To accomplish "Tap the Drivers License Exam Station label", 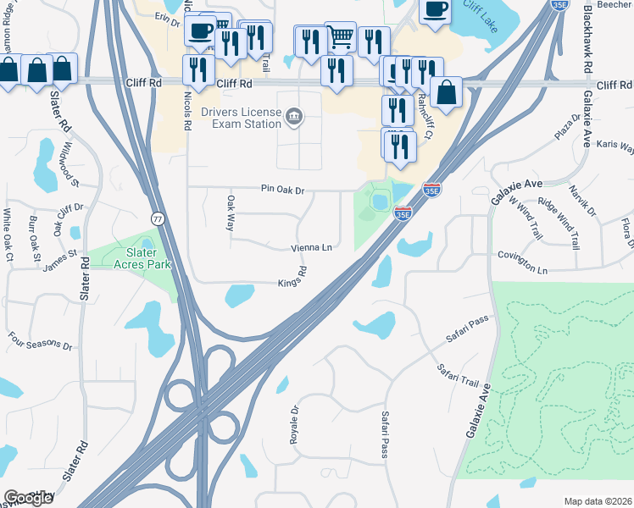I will pos(241,118).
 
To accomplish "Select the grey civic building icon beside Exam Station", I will pos(294,115).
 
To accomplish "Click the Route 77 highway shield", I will pos(158,219).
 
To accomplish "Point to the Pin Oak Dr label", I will pos(283,189).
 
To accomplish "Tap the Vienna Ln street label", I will pos(311,248).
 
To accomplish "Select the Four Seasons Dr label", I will pos(41,345).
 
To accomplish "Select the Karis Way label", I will pos(615,145).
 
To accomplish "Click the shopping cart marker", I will pos(340,36).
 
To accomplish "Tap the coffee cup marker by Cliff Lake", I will pos(435,11).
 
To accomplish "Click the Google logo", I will pos(28,497).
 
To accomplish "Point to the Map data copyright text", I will pos(598,501).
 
